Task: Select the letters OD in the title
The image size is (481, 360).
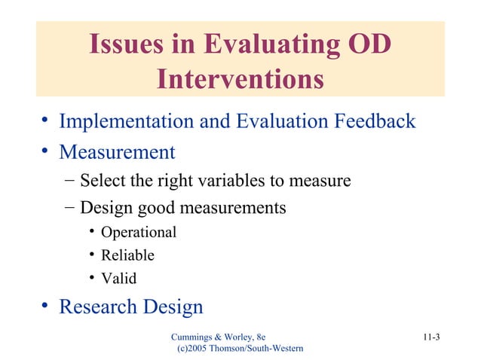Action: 368,45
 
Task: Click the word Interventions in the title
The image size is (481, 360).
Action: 240,78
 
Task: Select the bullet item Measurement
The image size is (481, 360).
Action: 117,153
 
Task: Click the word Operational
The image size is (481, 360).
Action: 139,232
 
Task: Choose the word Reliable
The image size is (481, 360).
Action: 127,255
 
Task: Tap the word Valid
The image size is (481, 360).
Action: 119,278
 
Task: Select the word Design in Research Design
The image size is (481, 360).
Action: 173,307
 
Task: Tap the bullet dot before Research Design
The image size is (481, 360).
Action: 45,306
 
